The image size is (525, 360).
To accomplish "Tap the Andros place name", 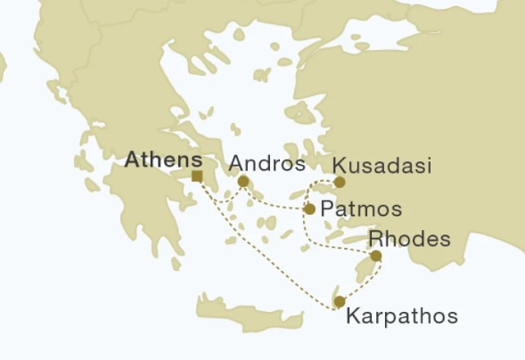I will (267, 164).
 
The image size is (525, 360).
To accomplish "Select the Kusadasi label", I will (381, 166).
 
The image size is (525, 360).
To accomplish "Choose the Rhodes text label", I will (403, 239).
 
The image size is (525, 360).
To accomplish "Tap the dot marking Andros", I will (242, 181).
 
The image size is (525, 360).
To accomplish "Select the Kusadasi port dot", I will (340, 182).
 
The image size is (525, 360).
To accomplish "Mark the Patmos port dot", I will (309, 209).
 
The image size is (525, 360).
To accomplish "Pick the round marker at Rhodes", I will (376, 257).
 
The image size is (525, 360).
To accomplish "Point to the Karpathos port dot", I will (339, 302).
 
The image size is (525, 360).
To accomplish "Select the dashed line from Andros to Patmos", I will (276, 206).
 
